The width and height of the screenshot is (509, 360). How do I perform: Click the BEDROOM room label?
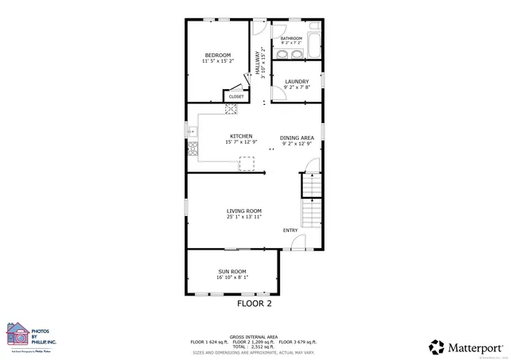tap(217, 55)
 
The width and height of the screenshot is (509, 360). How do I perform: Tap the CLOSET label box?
tap(236, 96)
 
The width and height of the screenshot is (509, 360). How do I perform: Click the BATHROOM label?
tap(290, 38)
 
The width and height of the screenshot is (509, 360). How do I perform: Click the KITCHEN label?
tap(241, 136)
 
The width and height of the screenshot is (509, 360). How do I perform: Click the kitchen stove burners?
tap(192, 146)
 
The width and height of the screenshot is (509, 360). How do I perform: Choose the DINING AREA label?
tap(297, 137)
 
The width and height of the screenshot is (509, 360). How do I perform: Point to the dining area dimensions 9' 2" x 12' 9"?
tap(297, 144)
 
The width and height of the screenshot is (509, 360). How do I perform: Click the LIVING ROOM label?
tap(243, 211)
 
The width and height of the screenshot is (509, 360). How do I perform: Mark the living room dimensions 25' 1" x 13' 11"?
tap(243, 217)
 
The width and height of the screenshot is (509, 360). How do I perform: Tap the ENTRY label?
tap(290, 230)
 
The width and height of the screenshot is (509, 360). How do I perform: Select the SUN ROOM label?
tap(232, 272)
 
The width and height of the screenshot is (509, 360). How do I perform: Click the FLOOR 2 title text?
tap(254, 304)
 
